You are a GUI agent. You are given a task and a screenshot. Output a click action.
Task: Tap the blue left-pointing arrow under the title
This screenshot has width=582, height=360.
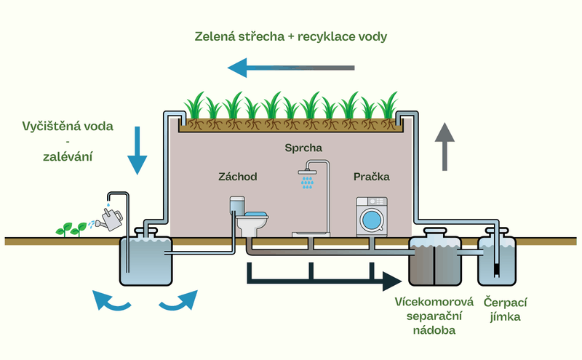tap(290, 68)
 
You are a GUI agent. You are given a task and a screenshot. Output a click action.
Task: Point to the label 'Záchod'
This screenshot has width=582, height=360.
tap(238, 177)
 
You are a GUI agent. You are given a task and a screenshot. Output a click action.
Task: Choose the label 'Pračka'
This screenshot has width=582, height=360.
tap(372, 177)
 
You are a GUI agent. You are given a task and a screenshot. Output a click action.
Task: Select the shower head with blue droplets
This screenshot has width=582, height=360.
tap(307, 178)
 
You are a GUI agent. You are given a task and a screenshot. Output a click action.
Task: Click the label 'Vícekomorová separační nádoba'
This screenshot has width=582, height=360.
tap(434, 316)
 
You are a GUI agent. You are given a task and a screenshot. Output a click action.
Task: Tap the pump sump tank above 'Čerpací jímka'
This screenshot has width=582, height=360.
tap(497, 260)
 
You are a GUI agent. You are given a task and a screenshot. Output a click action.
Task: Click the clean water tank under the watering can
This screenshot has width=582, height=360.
tap(145, 262)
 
